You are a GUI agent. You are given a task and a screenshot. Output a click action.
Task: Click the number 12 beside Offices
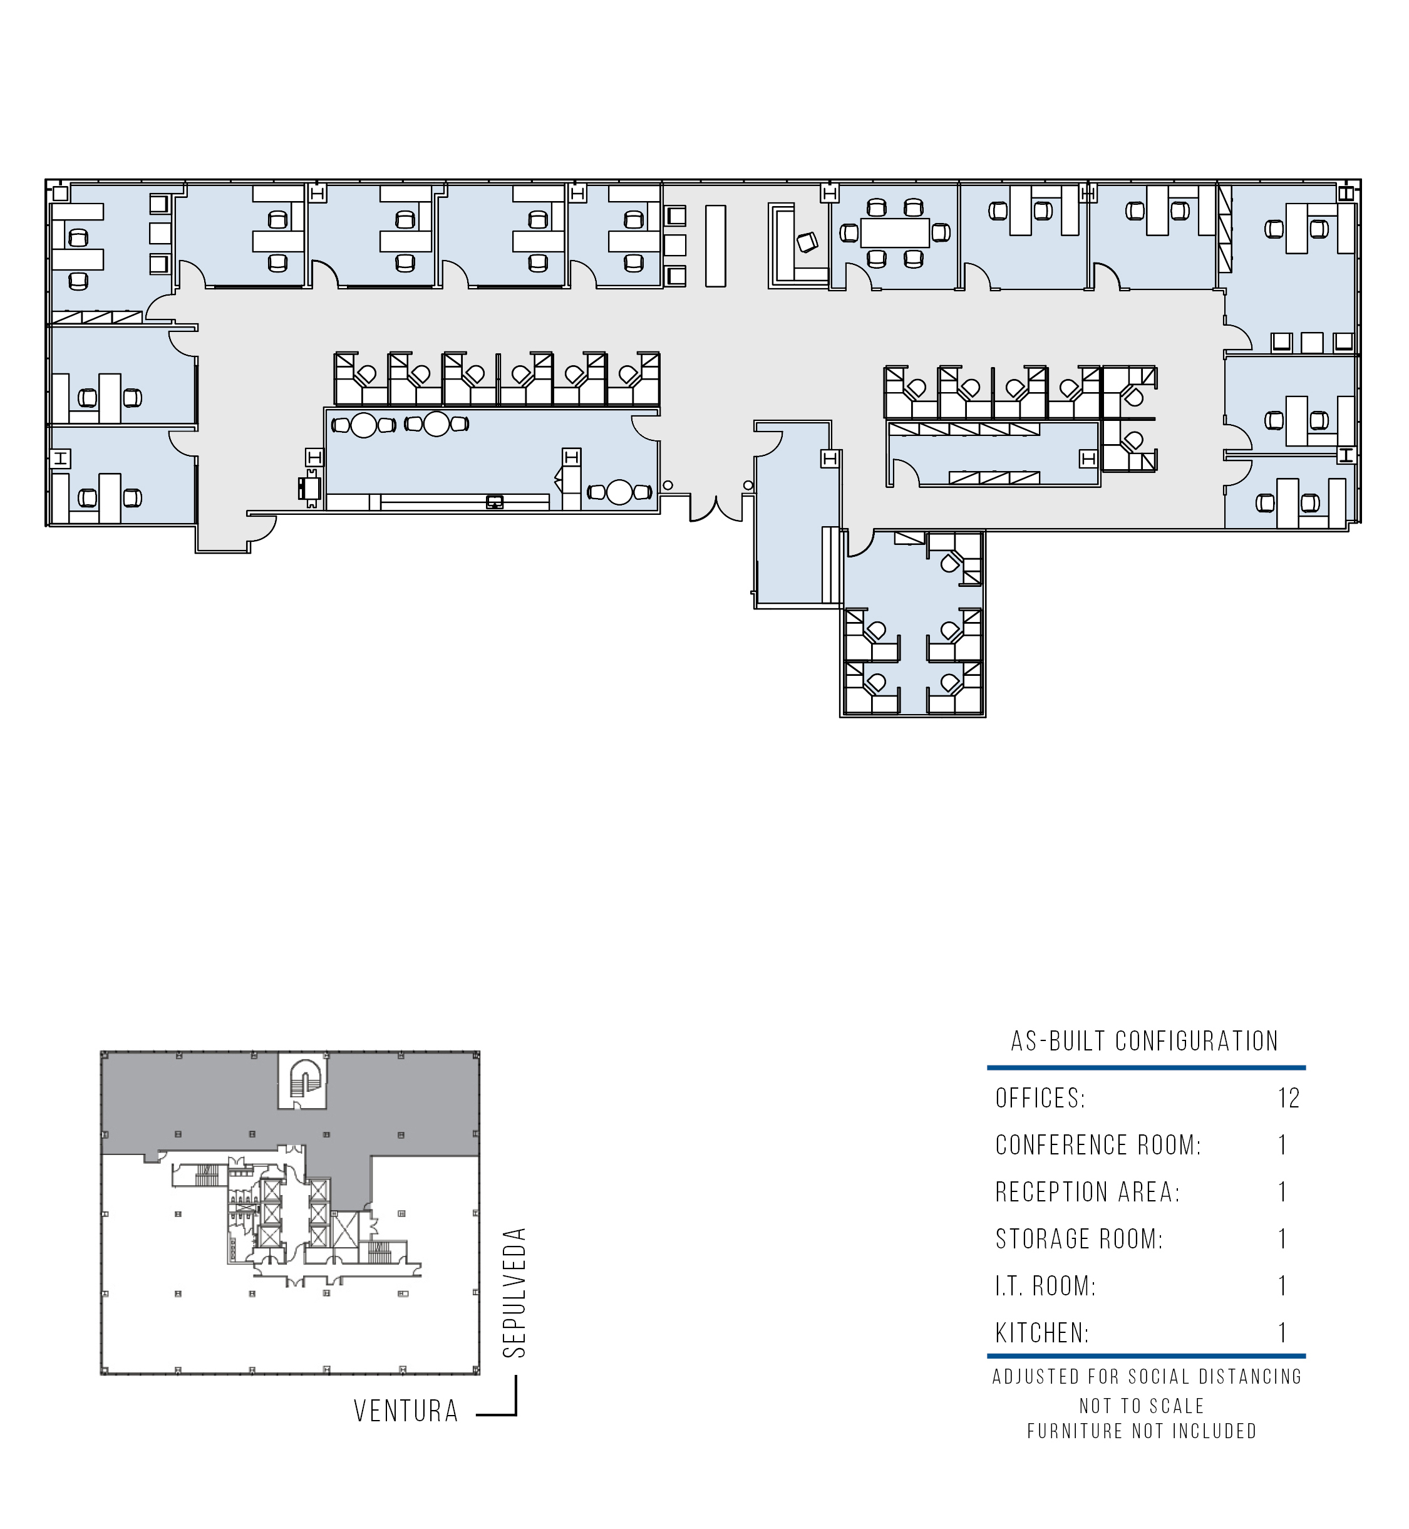[1289, 1098]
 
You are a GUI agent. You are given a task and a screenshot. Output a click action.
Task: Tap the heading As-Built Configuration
[1145, 1041]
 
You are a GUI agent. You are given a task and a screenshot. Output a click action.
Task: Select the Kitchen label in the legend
[1042, 1333]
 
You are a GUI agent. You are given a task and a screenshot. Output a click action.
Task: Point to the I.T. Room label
[1045, 1286]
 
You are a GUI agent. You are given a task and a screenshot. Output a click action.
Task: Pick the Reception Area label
[1087, 1192]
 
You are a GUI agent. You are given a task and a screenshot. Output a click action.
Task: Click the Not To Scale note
[1142, 1406]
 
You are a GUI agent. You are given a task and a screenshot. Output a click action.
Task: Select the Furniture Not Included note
[1142, 1431]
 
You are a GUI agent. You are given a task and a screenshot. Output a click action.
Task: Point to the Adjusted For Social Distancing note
[1147, 1377]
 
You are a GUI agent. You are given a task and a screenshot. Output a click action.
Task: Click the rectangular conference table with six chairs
[895, 232]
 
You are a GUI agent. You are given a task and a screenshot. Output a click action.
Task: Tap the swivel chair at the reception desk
[807, 242]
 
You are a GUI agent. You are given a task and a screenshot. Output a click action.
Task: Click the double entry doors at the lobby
[716, 508]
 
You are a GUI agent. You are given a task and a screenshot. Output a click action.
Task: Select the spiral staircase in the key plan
[302, 1083]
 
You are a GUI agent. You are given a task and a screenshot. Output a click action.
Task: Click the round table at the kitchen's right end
[620, 492]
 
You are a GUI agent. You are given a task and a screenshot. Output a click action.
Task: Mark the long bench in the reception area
[715, 246]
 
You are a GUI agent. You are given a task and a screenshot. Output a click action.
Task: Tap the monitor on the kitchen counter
[495, 501]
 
